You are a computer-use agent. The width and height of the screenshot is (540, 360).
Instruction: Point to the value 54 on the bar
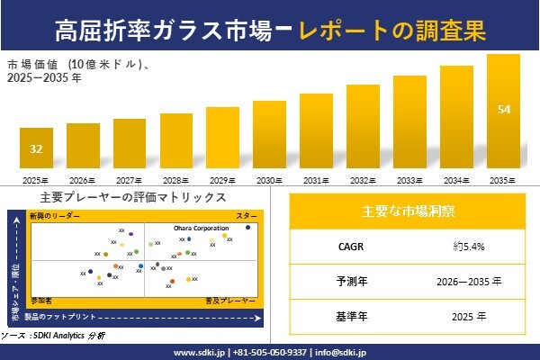[x=503, y=109]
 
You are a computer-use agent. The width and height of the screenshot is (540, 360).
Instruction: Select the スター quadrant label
[x=246, y=217]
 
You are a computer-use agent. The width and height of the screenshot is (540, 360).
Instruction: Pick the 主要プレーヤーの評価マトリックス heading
[x=133, y=197]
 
